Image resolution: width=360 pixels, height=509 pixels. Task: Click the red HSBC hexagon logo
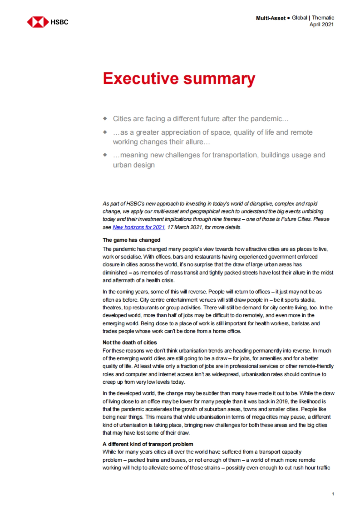pos(37,22)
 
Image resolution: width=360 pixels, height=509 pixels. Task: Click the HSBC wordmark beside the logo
pos(59,22)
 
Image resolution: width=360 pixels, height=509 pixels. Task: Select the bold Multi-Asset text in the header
pos(271,18)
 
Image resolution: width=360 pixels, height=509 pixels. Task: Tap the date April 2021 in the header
pos(322,25)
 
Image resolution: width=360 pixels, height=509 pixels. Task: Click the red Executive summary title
pos(179,79)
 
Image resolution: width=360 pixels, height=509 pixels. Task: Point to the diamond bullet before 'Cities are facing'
pos(105,118)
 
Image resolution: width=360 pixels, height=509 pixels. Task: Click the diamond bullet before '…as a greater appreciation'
pos(105,132)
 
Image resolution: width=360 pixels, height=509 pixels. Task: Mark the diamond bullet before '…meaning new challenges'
pos(105,155)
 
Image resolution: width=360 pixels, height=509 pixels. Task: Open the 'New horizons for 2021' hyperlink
pos(139,227)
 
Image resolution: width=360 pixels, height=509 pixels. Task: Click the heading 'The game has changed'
pos(131,240)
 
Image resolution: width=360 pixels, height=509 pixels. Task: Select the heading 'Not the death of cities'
pos(130,342)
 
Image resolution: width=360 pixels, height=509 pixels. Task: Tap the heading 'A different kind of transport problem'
pos(148,444)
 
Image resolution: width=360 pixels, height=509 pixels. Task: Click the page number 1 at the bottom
pos(333,494)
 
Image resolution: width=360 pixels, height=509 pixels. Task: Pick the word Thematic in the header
pos(323,18)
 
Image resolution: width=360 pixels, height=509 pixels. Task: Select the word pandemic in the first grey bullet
pos(266,119)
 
